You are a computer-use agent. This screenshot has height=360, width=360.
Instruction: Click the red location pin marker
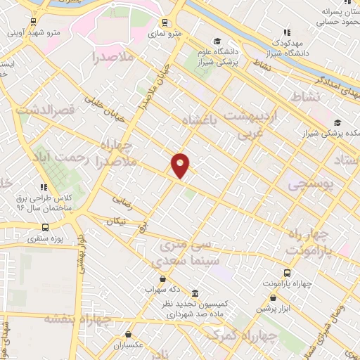(x=181, y=165)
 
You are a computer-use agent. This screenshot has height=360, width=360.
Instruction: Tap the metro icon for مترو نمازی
(x=165, y=22)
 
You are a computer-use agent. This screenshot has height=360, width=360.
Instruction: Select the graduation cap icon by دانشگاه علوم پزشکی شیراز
(x=217, y=41)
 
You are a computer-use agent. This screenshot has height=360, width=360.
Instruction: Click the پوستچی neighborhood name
(x=311, y=184)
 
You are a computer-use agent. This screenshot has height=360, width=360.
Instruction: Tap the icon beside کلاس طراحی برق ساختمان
(x=44, y=187)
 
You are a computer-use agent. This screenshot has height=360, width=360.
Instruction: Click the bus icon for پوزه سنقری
(x=46, y=227)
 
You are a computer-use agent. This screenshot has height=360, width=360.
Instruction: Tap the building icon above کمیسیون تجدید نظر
(x=195, y=294)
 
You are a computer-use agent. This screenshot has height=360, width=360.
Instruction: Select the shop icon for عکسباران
(x=128, y=335)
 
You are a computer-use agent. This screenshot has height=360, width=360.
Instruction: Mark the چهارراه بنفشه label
(x=78, y=318)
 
